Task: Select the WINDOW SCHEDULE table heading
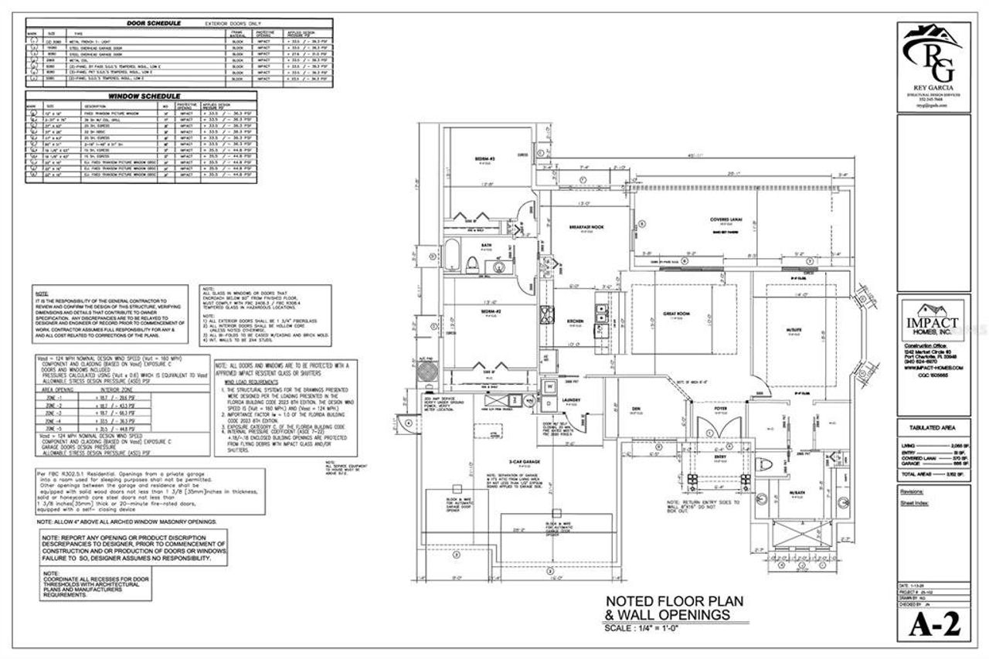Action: click(133, 96)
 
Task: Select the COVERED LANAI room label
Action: click(726, 219)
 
